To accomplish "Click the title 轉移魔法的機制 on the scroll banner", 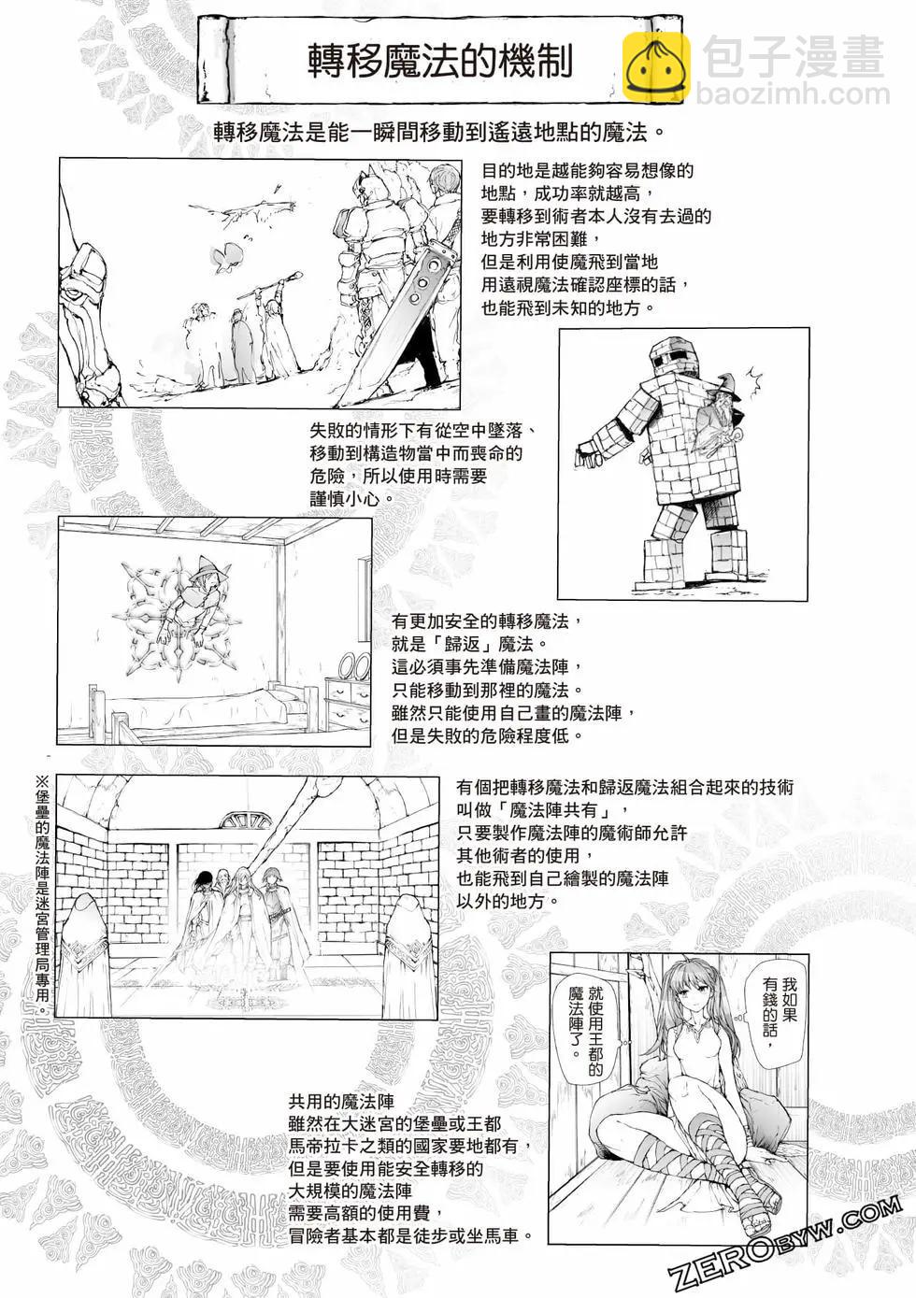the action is coord(440,60).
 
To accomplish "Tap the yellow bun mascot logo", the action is coord(656,65).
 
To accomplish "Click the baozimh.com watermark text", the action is coord(793,94).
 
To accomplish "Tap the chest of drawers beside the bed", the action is coord(348,704).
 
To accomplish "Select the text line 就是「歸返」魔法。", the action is coord(469,645).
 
